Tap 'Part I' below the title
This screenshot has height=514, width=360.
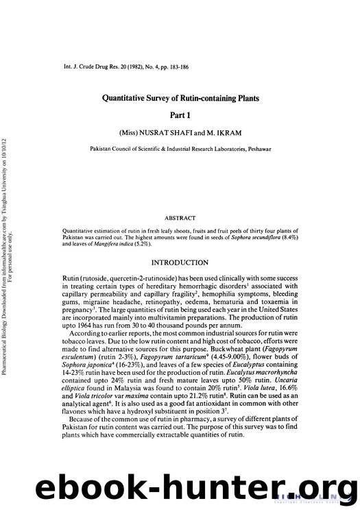(179, 116)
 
